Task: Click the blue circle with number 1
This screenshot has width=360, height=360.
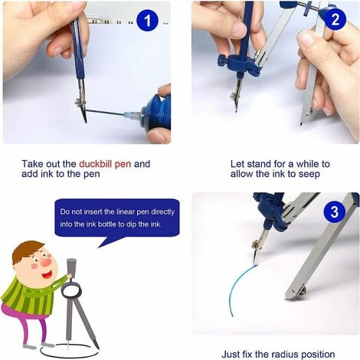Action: tap(147, 21)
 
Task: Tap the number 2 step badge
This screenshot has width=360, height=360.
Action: tap(335, 19)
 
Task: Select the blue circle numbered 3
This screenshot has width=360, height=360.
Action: tap(335, 211)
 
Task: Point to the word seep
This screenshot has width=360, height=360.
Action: tap(309, 175)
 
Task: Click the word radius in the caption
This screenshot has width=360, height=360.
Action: tap(284, 355)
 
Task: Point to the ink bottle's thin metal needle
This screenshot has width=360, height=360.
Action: tap(105, 112)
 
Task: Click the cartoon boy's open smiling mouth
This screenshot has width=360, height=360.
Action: tap(47, 275)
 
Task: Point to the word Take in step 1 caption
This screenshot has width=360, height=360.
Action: tap(32, 164)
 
